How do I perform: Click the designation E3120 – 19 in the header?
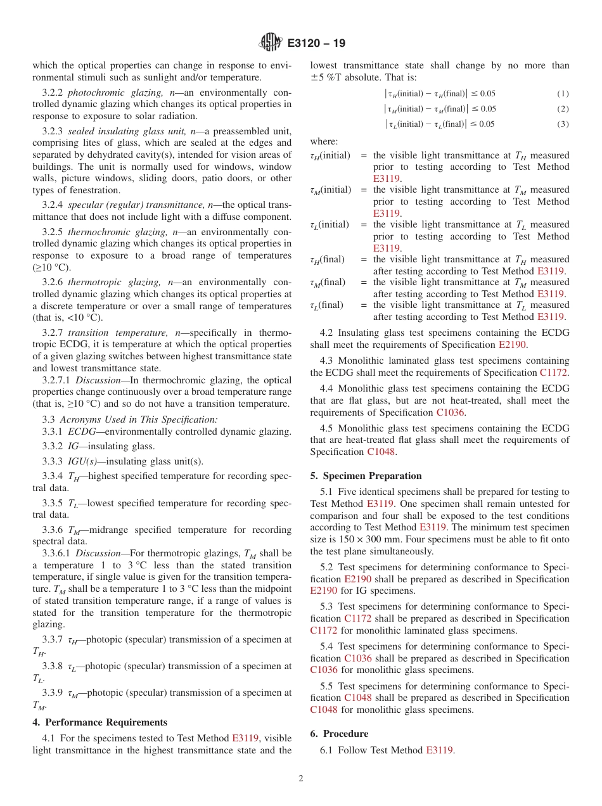pyautogui.click(x=316, y=44)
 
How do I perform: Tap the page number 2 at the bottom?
pyautogui.click(x=301, y=779)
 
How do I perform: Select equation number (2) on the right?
pyautogui.click(x=563, y=109)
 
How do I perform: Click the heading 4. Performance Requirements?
pyautogui.click(x=100, y=722)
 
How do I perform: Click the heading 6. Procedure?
pyautogui.click(x=339, y=734)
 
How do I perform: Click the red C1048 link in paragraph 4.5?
pyautogui.click(x=381, y=452)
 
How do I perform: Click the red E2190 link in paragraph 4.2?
pyautogui.click(x=513, y=345)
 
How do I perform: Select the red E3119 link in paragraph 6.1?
pyautogui.click(x=439, y=750)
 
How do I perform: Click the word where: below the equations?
pyautogui.click(x=324, y=142)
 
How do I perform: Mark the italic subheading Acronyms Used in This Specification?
pyautogui.click(x=139, y=419)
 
